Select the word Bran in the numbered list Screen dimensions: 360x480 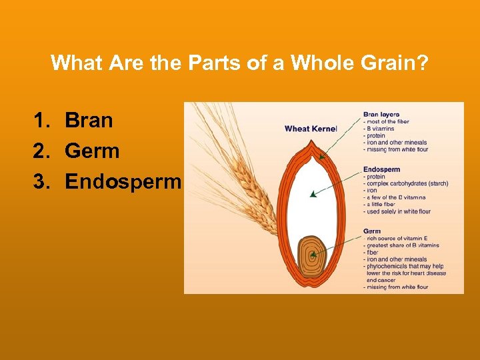tap(89, 121)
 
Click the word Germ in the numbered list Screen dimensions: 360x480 tap(92, 151)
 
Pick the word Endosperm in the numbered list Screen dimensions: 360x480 tap(123, 182)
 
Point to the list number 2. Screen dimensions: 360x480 tap(41, 151)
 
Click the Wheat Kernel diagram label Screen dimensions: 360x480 tap(311, 128)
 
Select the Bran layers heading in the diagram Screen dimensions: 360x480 tap(381, 114)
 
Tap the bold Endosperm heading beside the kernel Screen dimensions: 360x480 tap(381, 169)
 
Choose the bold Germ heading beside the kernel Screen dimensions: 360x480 tap(372, 231)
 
